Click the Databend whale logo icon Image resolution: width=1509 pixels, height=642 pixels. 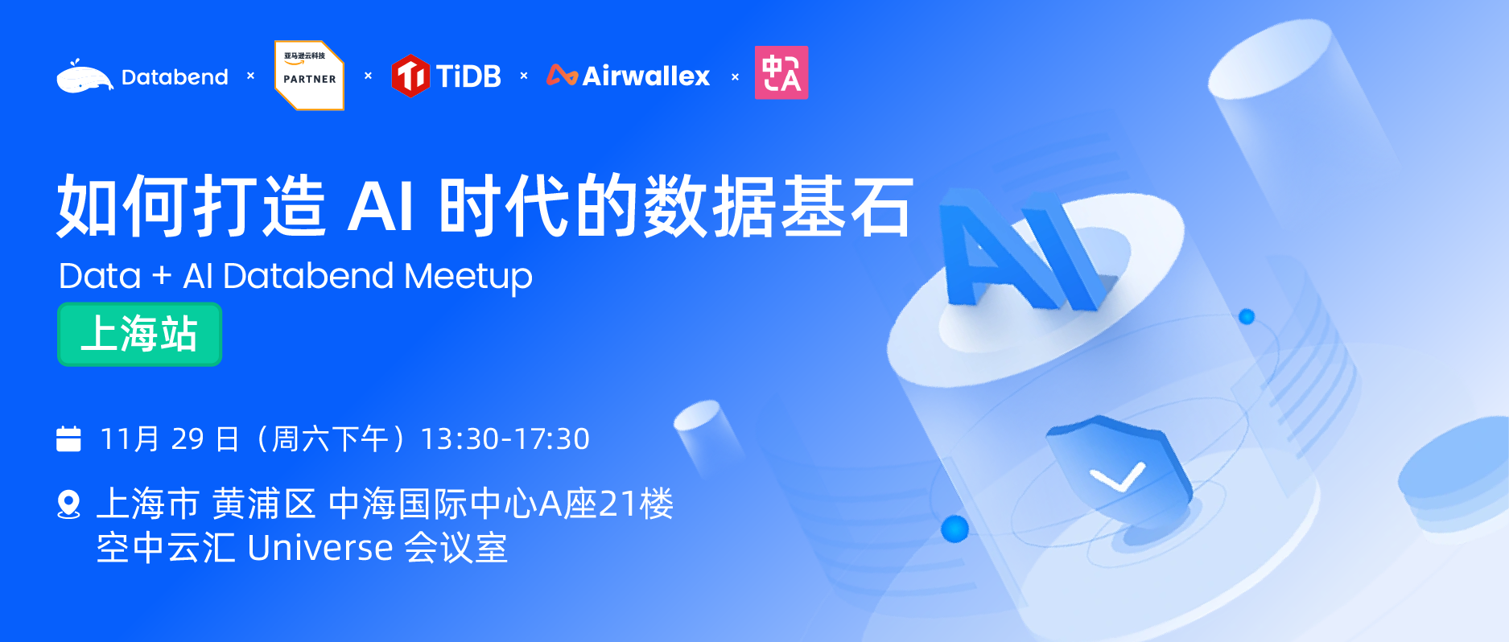(85, 78)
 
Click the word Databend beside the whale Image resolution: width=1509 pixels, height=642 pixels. (175, 77)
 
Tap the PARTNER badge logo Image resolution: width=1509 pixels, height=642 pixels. (310, 75)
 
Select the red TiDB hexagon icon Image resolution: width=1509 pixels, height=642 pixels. (410, 76)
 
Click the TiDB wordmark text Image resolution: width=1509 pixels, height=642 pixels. (468, 76)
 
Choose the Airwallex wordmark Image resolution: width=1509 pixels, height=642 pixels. (645, 76)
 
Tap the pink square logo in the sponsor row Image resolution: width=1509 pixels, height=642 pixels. (781, 73)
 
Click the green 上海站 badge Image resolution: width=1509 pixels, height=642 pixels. (139, 334)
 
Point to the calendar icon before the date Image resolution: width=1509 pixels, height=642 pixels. (68, 439)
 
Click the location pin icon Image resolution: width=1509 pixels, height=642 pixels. (69, 504)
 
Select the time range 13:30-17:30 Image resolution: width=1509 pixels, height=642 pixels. (505, 439)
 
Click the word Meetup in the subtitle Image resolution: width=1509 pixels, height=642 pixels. (468, 277)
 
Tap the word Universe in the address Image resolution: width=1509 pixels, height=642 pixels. (320, 549)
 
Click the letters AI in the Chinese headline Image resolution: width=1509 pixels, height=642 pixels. (381, 207)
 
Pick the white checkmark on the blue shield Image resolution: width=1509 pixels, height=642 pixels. (1117, 476)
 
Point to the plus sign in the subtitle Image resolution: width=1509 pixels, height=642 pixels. (162, 276)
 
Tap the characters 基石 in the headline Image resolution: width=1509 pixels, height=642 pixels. (847, 207)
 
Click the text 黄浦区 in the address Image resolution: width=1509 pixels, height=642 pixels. (264, 505)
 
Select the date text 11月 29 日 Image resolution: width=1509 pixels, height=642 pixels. (170, 439)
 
